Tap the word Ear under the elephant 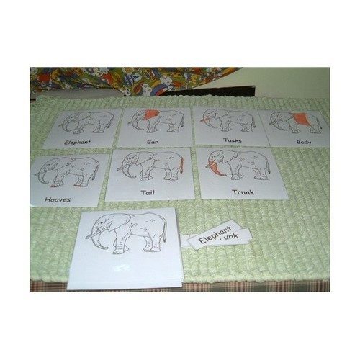[x=152, y=142]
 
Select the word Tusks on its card [x=232, y=140]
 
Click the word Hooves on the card [x=57, y=199]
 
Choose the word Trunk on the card [x=243, y=192]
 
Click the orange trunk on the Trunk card [x=214, y=170]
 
